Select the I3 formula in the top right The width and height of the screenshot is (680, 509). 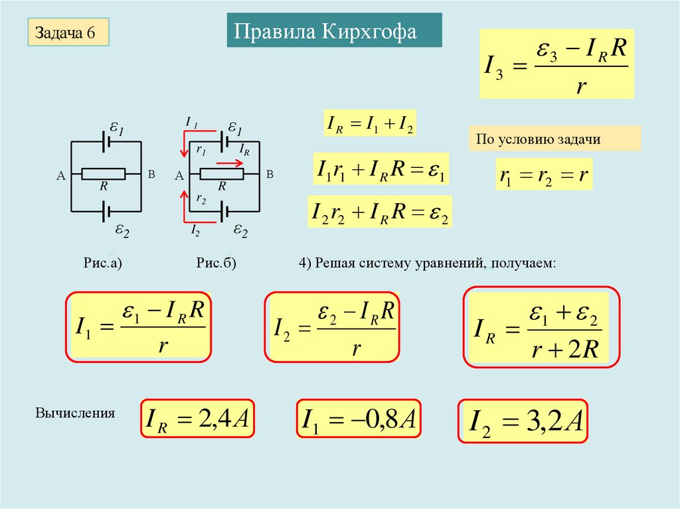point(556,64)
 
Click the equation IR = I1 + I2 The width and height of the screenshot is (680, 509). point(369,124)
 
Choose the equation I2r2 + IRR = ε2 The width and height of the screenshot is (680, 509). point(379,212)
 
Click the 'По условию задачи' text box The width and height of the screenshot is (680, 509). point(554,139)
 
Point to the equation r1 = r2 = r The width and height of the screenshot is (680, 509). point(544,176)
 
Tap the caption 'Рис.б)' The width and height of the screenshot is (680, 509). point(216,263)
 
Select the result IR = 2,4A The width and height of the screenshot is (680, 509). point(198,419)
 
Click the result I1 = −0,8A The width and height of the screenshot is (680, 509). point(359,419)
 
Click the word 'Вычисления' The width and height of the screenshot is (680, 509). point(75,413)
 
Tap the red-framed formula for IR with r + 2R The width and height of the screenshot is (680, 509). point(541,327)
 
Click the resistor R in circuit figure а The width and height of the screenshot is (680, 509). point(103,174)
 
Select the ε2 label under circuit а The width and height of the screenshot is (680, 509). point(122,230)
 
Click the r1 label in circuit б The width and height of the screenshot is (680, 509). point(200,151)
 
